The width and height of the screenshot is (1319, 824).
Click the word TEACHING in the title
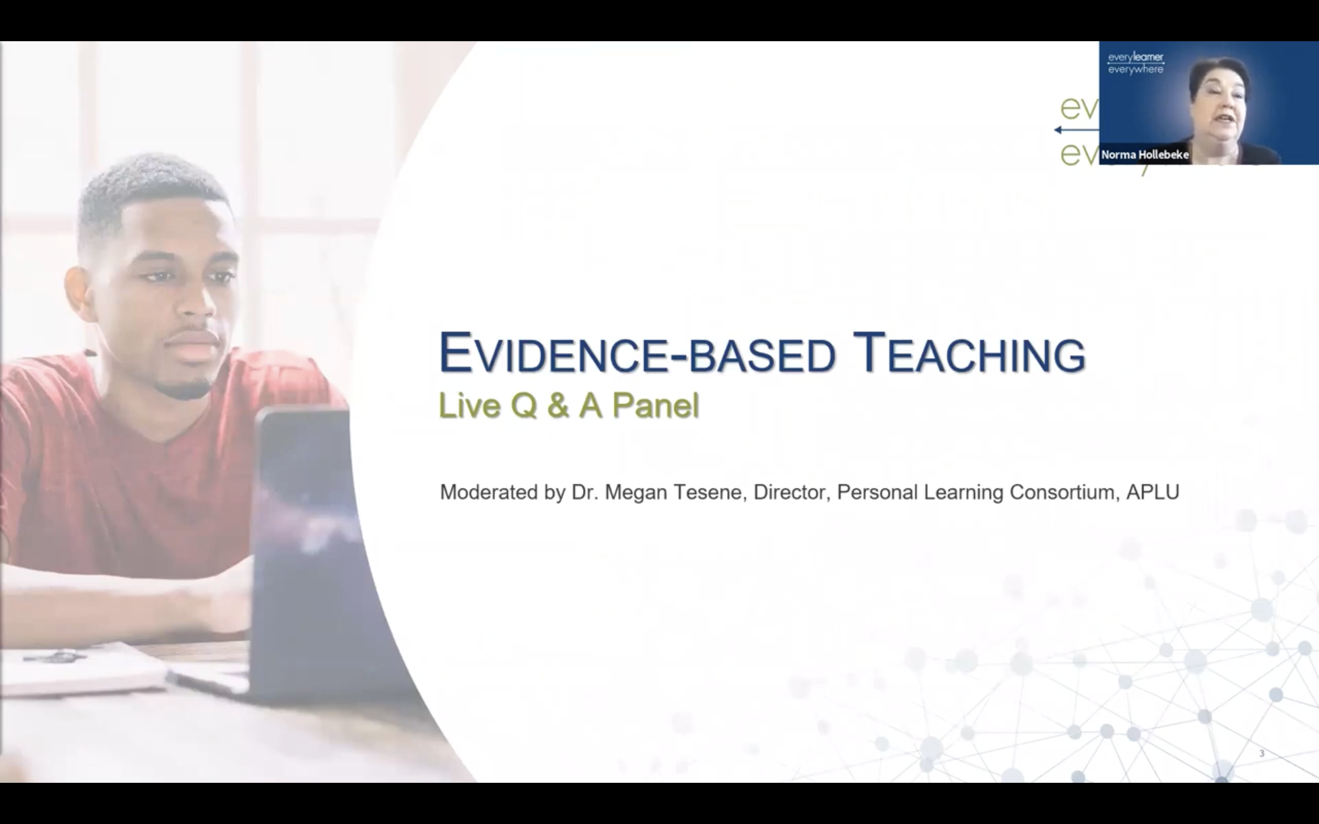click(x=969, y=354)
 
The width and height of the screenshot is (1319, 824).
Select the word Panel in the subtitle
click(x=655, y=406)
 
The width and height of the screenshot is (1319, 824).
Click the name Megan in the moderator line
click(x=636, y=492)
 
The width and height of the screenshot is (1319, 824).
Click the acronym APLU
click(x=1152, y=492)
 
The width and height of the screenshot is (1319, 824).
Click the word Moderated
click(x=489, y=492)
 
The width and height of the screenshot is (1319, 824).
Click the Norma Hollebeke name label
click(x=1145, y=155)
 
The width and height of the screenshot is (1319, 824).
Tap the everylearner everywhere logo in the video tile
click(x=1135, y=63)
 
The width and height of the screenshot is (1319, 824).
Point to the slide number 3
click(x=1261, y=754)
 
